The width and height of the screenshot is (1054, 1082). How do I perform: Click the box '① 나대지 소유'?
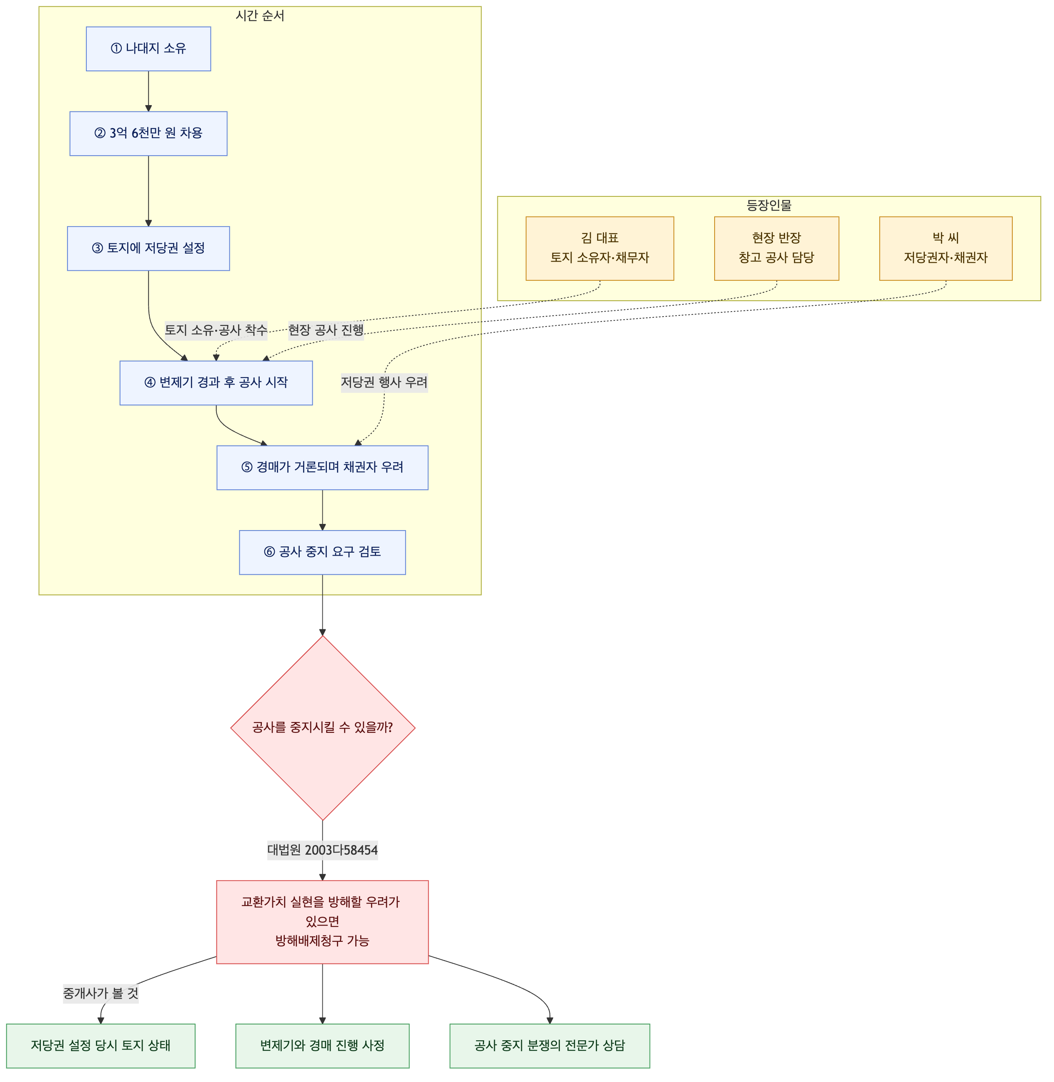(148, 49)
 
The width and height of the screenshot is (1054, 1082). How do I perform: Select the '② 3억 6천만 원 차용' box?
(148, 133)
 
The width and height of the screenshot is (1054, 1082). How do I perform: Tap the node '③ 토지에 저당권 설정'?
(148, 248)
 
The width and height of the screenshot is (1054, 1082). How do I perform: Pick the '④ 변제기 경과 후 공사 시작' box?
(216, 382)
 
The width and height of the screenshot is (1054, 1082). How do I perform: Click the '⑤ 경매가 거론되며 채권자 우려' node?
(322, 467)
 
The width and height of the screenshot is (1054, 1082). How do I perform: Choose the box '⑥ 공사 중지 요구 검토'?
(322, 552)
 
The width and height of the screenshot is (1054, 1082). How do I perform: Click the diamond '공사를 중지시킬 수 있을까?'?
(323, 727)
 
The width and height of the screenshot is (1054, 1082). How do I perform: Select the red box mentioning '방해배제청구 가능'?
(322, 922)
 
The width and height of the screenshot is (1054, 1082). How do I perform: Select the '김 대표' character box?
(600, 248)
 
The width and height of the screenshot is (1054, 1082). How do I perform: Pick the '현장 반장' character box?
(777, 248)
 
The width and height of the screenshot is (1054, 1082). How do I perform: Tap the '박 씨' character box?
(946, 248)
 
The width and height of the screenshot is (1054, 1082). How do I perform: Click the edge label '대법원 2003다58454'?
(323, 850)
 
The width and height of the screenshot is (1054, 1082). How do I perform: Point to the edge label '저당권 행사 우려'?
(384, 382)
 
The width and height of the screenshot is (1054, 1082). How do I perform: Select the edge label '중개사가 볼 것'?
(101, 994)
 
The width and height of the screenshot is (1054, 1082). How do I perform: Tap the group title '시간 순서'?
(260, 16)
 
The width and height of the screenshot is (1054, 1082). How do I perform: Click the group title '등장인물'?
(769, 206)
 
